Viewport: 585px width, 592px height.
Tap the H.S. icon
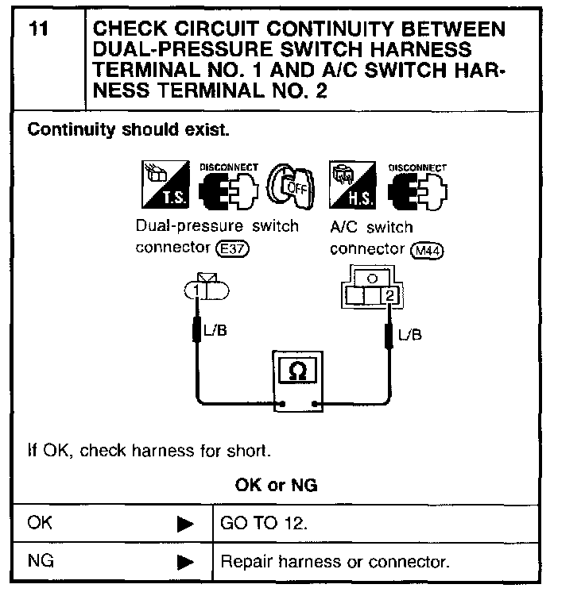tap(346, 183)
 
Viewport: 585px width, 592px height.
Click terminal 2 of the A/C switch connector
tap(389, 296)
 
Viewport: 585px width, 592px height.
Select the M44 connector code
tap(428, 250)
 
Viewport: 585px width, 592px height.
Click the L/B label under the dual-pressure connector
tap(215, 331)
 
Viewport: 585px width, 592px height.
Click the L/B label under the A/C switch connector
tap(410, 335)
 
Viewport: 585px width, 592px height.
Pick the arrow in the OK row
tap(184, 524)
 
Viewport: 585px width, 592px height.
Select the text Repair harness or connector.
tap(334, 563)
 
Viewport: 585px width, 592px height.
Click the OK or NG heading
tap(276, 485)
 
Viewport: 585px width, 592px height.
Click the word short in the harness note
tap(250, 452)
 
